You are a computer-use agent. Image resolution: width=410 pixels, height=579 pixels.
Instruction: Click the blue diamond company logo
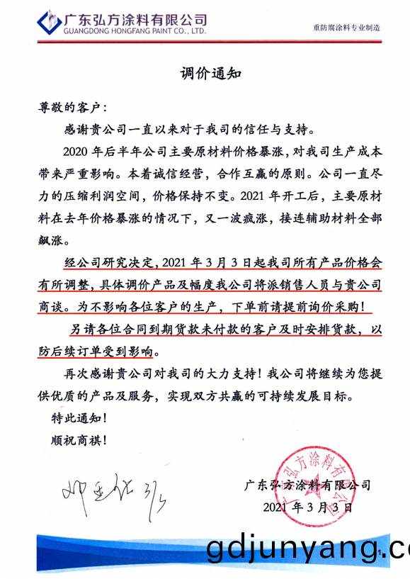click(48, 23)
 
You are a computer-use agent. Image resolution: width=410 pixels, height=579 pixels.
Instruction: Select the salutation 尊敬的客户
click(71, 109)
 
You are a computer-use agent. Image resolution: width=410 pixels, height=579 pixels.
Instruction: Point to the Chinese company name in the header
click(135, 19)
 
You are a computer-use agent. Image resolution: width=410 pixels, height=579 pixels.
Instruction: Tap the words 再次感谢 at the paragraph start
click(89, 373)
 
